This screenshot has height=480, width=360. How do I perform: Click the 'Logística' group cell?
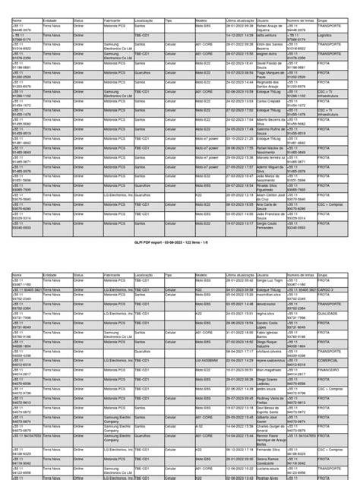click(x=327, y=34)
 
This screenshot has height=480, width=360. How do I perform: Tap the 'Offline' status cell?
click(x=78, y=478)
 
